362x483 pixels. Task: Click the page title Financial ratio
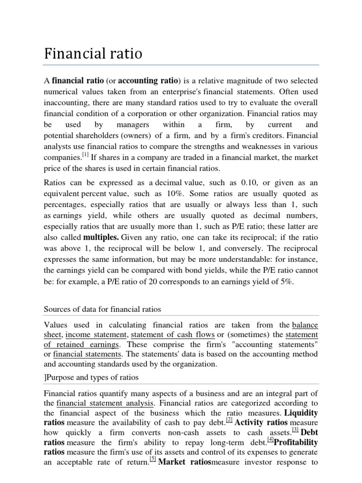[x=93, y=53]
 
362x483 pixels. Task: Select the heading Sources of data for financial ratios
[x=102, y=309]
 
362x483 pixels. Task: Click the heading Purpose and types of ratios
[x=91, y=378]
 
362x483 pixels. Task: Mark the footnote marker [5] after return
[x=152, y=461]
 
